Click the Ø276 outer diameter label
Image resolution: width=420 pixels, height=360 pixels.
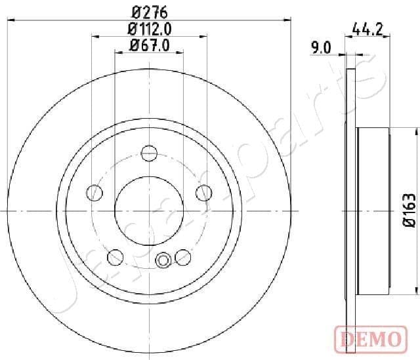pyautogui.click(x=149, y=11)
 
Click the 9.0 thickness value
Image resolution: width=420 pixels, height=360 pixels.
pyautogui.click(x=322, y=47)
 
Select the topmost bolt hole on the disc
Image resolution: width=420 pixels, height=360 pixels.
pyautogui.click(x=150, y=153)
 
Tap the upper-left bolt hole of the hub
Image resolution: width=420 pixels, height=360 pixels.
pyautogui.click(x=95, y=193)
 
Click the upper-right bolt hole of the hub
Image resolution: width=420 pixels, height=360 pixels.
pyautogui.click(x=204, y=193)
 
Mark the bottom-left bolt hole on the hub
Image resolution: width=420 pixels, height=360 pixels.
pyautogui.click(x=116, y=256)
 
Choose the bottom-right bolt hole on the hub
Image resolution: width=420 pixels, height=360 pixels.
pyautogui.click(x=183, y=256)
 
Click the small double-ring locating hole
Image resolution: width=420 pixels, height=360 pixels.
pyautogui.click(x=163, y=260)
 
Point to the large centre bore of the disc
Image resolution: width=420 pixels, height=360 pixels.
pyautogui.click(x=150, y=210)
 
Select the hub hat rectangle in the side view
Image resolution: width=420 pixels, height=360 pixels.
pyautogui.click(x=374, y=210)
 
